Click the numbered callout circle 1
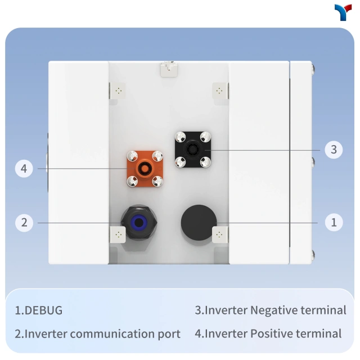click(334, 222)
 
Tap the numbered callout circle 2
click(24, 223)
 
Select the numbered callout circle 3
click(334, 150)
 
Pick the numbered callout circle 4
click(24, 169)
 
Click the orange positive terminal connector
click(145, 169)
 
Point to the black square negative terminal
click(193, 150)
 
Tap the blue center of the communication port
click(139, 222)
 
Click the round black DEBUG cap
click(199, 223)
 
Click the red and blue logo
click(343, 12)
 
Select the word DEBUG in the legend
click(43, 310)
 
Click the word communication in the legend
click(112, 334)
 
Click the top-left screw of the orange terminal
click(133, 156)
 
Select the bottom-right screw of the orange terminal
click(157, 181)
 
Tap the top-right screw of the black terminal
click(205, 137)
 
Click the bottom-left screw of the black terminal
click(180, 162)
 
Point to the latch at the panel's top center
click(169, 69)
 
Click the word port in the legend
click(169, 334)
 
